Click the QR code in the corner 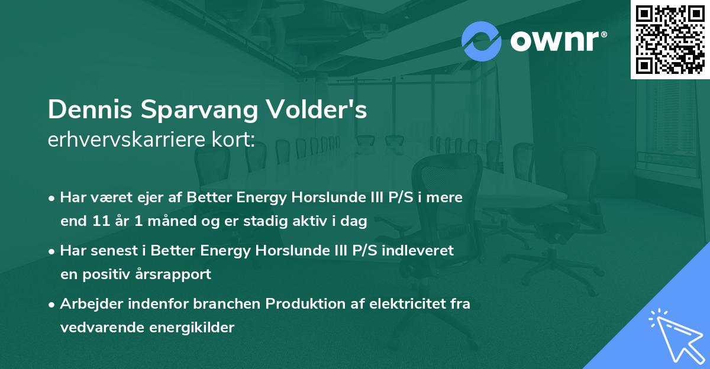pos(670,39)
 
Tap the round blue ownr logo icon pos(482,41)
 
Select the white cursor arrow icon pos(674,334)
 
